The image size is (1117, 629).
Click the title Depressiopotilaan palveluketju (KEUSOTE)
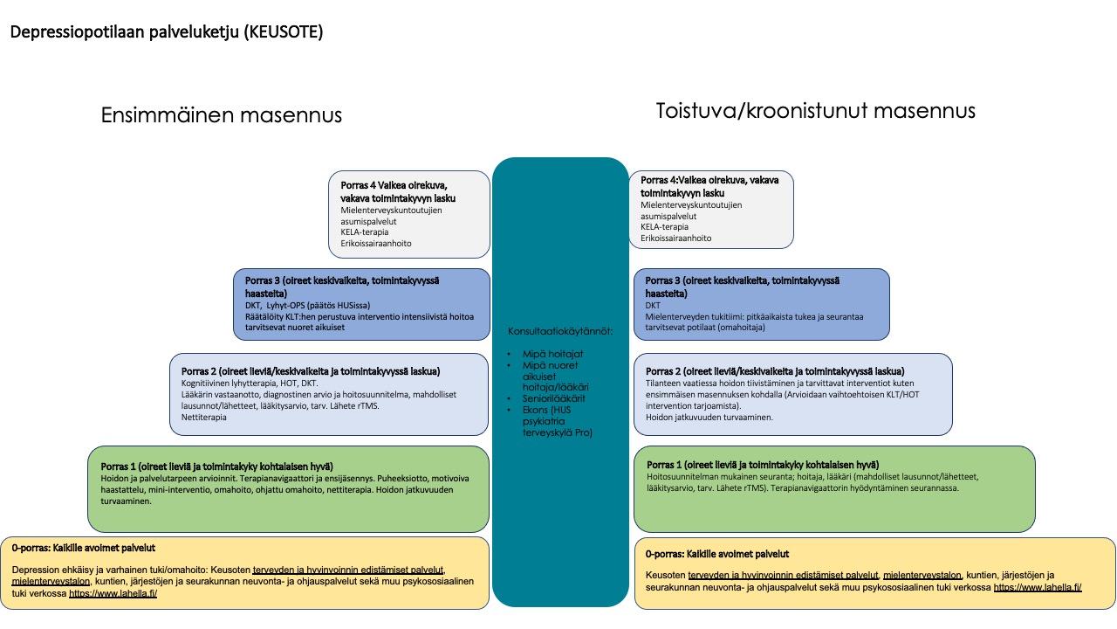click(x=167, y=32)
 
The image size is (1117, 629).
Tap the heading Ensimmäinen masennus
click(x=222, y=114)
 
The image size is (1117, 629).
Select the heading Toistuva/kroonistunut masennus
click(x=815, y=110)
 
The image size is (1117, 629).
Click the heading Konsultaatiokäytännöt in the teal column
click(x=560, y=331)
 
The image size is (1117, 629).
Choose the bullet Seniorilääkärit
click(x=553, y=398)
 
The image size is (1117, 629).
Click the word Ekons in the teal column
click(x=535, y=410)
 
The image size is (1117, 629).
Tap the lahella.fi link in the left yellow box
click(x=113, y=593)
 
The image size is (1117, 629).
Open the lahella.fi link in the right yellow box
click(x=1038, y=588)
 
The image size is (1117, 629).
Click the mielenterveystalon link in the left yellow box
click(x=51, y=582)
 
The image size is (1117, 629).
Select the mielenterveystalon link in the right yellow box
click(x=922, y=575)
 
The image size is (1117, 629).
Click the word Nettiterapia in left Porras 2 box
click(x=203, y=418)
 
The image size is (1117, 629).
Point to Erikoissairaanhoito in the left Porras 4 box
click(x=376, y=244)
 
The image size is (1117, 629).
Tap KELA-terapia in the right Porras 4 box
click(x=664, y=227)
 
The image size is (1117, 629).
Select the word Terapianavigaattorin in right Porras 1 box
click(x=809, y=488)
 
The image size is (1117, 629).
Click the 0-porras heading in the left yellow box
click(x=83, y=548)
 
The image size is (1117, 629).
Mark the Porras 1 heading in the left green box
click(x=217, y=467)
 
